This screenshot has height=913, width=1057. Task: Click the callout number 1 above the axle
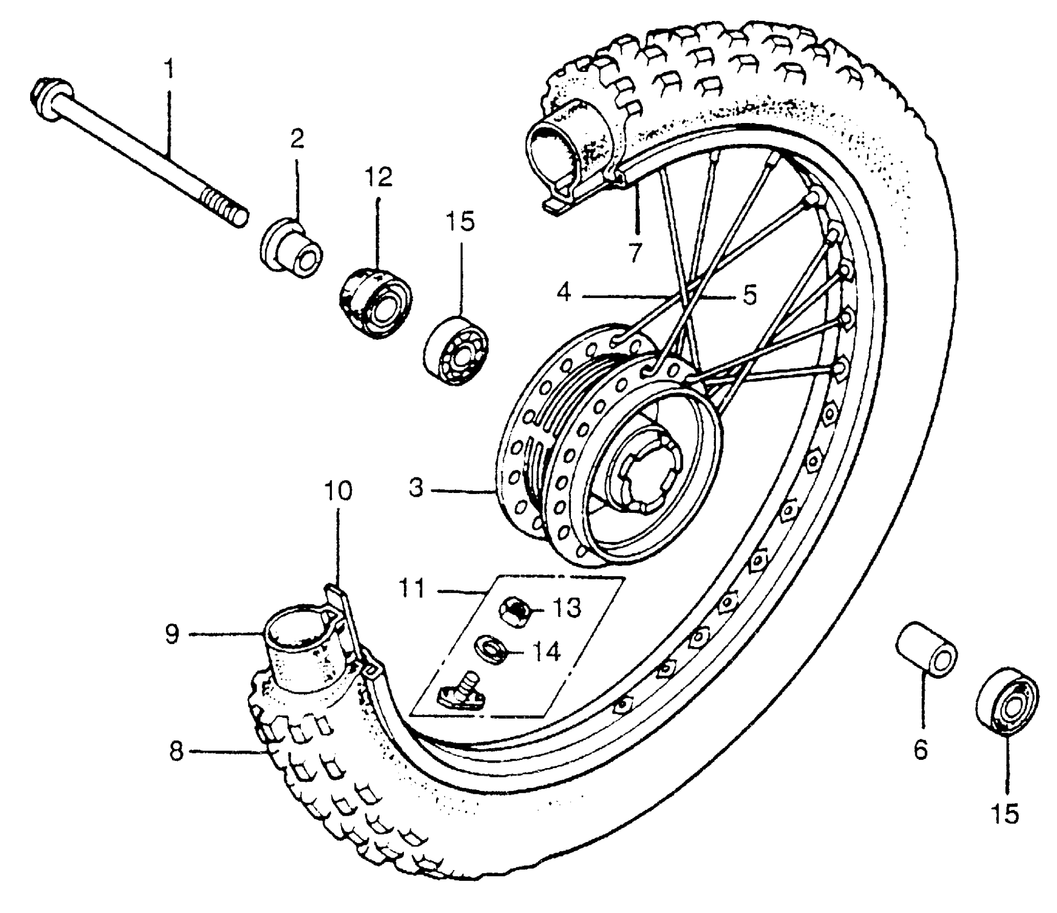169,70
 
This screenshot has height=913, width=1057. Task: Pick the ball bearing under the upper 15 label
455,352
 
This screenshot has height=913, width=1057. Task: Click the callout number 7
635,252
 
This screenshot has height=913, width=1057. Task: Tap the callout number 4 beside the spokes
563,294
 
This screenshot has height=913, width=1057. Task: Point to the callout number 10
338,490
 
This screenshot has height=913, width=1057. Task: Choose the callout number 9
172,634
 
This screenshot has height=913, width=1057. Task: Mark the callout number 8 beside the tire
176,751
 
